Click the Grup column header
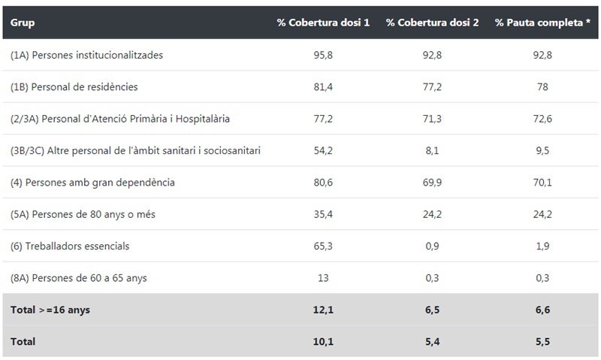click(x=23, y=23)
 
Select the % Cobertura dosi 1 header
click(x=323, y=23)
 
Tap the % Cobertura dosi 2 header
click(x=432, y=23)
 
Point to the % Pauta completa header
click(x=542, y=23)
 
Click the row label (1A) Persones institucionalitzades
click(x=86, y=55)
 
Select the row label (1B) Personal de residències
click(x=74, y=87)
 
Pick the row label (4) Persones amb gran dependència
click(x=92, y=183)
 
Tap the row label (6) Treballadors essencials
click(x=70, y=247)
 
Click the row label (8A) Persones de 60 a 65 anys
click(x=79, y=278)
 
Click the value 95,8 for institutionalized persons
click(x=323, y=55)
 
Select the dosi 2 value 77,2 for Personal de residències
click(x=432, y=87)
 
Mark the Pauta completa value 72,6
click(x=542, y=119)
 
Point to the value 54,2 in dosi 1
click(x=323, y=150)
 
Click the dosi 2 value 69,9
click(x=432, y=183)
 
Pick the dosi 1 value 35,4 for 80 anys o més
click(x=323, y=214)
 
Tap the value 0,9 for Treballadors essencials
click(x=432, y=247)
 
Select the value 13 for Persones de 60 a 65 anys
click(x=323, y=278)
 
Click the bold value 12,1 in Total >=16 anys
click(x=323, y=310)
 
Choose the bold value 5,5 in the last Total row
click(x=542, y=341)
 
